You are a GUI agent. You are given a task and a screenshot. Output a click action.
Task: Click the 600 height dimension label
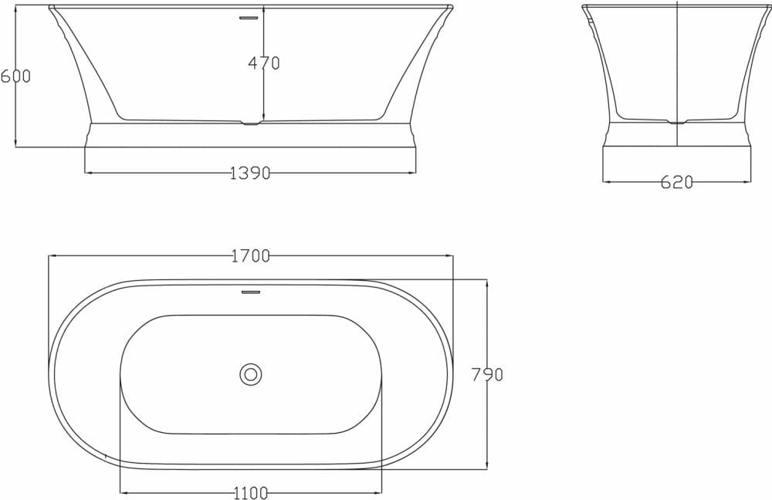[x=15, y=76]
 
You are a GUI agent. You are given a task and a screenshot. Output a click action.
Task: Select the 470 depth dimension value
[x=264, y=64]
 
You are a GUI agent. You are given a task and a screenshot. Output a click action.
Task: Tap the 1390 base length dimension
[x=250, y=174]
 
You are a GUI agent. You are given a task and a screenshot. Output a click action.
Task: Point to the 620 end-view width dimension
[x=677, y=183]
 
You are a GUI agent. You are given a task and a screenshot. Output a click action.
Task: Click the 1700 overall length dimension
[x=250, y=256]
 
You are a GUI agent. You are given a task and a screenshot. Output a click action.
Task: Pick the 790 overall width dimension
[x=487, y=375]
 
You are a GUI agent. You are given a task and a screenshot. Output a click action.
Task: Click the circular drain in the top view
[x=250, y=374]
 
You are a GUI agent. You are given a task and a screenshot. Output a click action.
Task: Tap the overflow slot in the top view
[x=250, y=292]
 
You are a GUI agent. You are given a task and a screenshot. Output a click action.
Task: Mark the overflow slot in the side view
[x=248, y=18]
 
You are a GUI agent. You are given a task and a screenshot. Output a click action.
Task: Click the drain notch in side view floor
[x=251, y=123]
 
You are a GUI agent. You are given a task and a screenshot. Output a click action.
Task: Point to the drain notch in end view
[x=677, y=122]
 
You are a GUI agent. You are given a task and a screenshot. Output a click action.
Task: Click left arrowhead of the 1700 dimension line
[x=51, y=256]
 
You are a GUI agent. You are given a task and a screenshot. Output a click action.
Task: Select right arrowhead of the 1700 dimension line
[x=451, y=256]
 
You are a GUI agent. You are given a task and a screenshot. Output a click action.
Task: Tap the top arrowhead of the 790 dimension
[x=486, y=283]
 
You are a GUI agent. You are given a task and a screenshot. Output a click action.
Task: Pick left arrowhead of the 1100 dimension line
[x=123, y=492]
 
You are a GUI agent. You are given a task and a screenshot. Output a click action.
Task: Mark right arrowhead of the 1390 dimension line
[x=413, y=173]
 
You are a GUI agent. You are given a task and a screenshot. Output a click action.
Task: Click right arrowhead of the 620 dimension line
[x=748, y=182]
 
